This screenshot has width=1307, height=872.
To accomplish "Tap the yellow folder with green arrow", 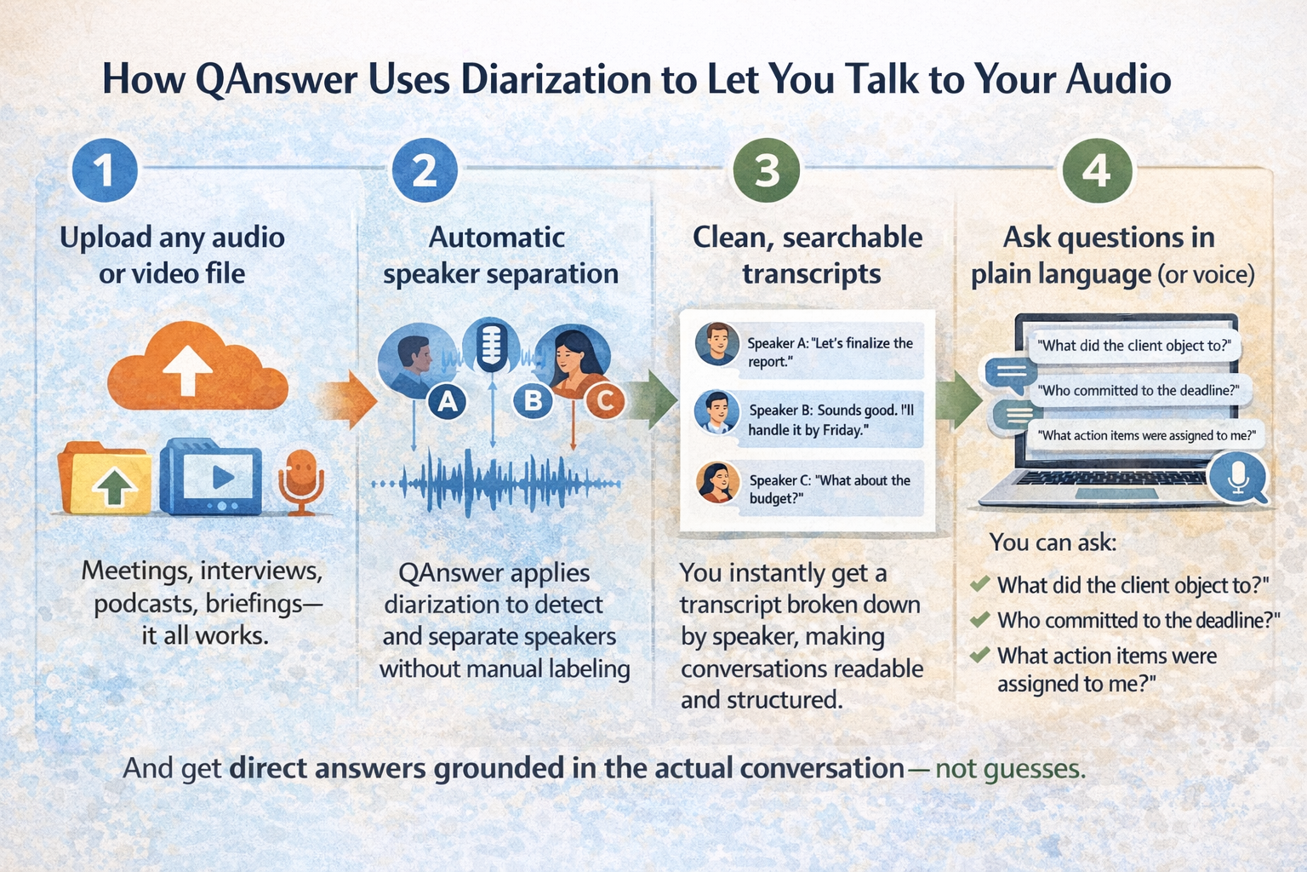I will point(106,479).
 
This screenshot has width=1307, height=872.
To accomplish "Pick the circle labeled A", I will point(448,400).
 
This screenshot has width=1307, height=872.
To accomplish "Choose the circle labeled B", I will point(534,400).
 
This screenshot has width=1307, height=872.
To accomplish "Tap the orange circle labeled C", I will point(604,400).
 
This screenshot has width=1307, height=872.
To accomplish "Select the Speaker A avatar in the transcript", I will point(716,344).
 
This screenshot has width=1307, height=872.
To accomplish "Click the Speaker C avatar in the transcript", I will point(717,482).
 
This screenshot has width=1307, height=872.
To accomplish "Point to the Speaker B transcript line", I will point(830,420).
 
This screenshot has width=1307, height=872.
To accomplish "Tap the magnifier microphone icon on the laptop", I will point(1238,477).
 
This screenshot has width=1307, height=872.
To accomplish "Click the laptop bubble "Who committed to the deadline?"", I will point(1138,391).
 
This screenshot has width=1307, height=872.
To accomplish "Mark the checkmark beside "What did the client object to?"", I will point(979,584).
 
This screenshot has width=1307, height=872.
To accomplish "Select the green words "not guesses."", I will point(1010,768).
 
